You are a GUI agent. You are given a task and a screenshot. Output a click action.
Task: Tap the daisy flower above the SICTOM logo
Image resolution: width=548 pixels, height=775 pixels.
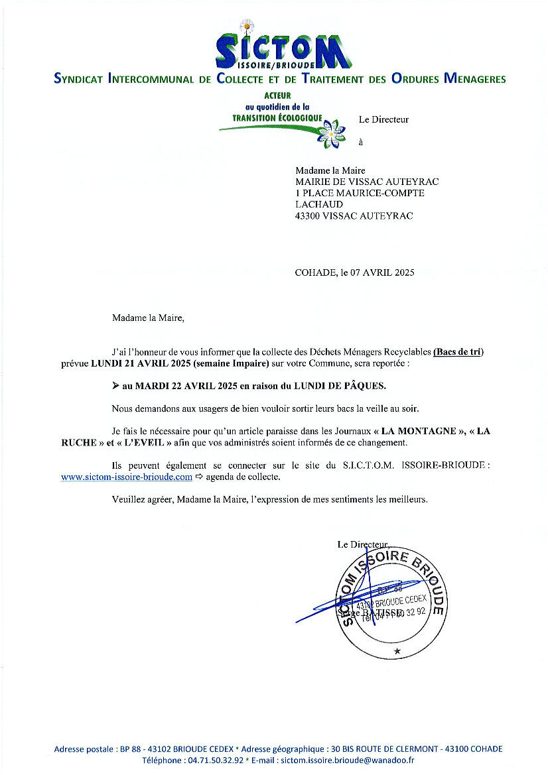(247, 27)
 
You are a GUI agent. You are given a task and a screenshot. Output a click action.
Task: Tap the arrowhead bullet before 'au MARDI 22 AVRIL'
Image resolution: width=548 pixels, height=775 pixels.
(115, 385)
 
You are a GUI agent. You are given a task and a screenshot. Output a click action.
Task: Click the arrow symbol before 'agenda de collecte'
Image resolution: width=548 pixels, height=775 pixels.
(198, 477)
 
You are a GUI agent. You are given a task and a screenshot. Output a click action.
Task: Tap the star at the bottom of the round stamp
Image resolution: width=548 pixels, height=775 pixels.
(397, 651)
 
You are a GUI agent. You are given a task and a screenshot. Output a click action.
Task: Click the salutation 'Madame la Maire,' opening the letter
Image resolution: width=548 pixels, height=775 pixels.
(148, 318)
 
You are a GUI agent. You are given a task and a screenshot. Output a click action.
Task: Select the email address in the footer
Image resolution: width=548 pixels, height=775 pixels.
(346, 760)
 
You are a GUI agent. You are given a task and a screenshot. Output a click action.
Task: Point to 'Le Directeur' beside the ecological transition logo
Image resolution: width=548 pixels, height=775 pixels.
(383, 120)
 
